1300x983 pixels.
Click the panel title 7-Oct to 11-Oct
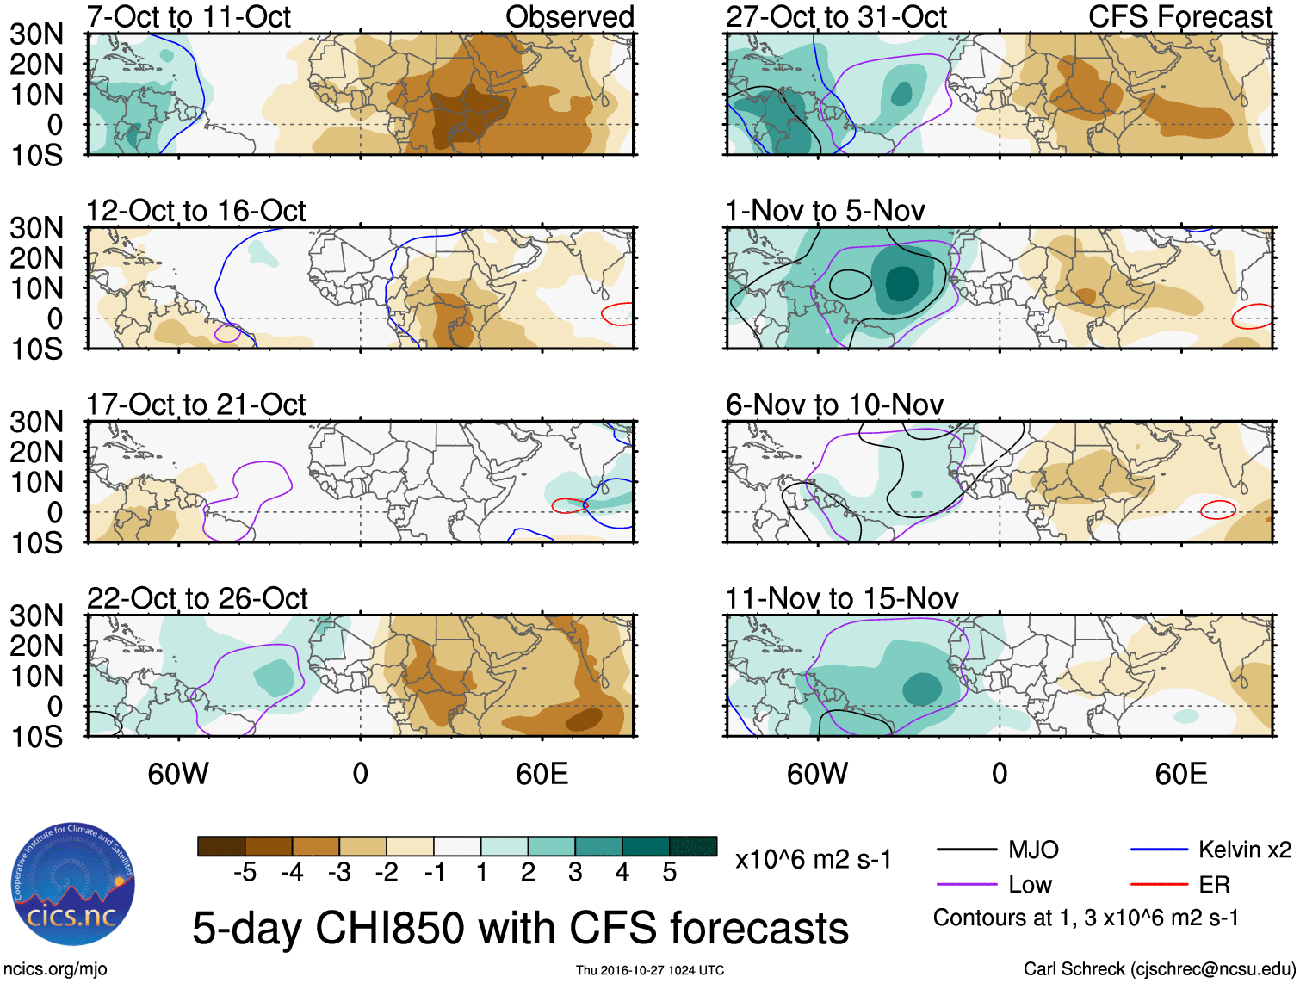189,17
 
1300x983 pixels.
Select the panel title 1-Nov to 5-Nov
825,211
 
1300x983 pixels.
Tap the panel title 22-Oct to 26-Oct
197,598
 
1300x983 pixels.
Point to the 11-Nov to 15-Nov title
841,598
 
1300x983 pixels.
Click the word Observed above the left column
569,17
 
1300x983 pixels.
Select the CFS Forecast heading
1179,17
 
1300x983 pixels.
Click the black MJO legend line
967,850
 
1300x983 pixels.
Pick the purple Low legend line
967,884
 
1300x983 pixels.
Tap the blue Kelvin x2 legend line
1159,850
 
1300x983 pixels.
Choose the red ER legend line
1159,884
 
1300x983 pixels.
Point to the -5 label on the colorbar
245,873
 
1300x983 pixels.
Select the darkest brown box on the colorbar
221,846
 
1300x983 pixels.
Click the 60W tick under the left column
178,774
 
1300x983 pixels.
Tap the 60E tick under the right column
1180,774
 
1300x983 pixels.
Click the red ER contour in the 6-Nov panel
1218,510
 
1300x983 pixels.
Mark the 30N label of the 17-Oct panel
36,422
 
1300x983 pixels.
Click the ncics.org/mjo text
54,969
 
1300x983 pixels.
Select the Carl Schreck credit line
1159,969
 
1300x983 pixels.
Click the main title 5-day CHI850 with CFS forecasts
520,928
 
